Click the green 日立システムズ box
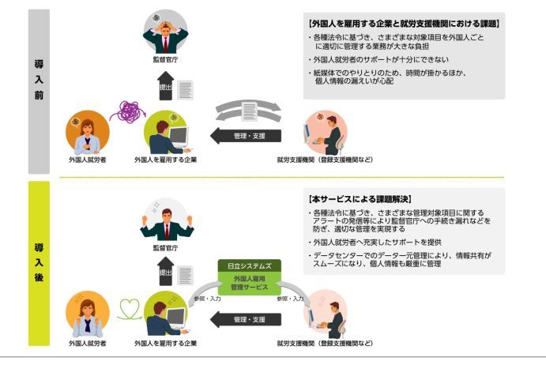point(249,266)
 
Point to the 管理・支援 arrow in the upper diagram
point(245,136)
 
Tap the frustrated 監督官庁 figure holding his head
point(165,32)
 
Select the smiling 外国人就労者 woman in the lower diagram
point(87,314)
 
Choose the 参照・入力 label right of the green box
point(290,299)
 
